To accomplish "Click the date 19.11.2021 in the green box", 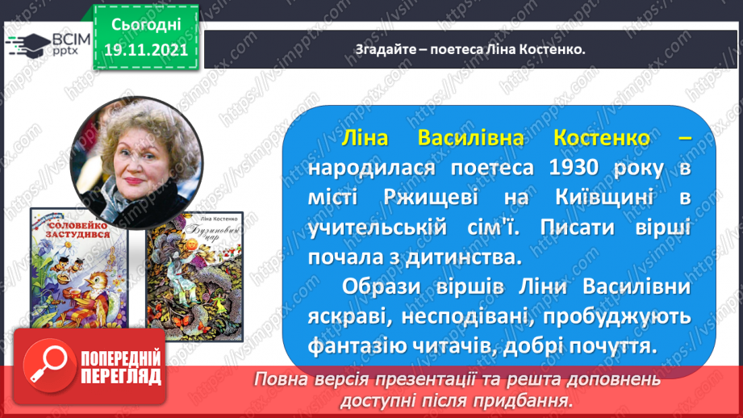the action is [x=146, y=50].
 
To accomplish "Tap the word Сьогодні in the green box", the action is [x=146, y=25].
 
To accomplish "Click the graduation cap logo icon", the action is [x=28, y=45].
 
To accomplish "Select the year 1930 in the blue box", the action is [x=573, y=168].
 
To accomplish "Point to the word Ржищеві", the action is [x=431, y=197].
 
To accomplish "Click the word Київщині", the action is [x=604, y=197].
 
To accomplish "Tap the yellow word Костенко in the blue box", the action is [x=601, y=138].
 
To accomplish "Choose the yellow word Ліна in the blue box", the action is [x=365, y=138].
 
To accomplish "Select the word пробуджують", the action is [x=616, y=316].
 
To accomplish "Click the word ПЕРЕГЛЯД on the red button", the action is [x=121, y=377].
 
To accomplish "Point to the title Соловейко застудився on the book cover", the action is [x=79, y=229].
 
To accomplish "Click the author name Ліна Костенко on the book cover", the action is [x=219, y=219].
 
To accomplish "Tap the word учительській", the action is [x=378, y=228].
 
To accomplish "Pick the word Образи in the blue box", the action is [x=382, y=287].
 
